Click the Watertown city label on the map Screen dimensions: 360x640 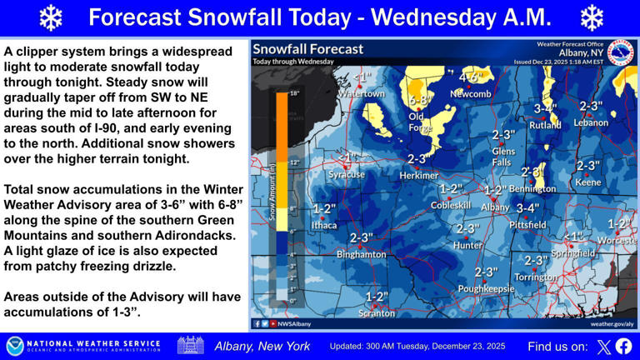(360, 93)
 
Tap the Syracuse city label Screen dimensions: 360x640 (346, 174)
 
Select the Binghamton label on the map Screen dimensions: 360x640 (361, 253)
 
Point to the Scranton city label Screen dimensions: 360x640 (377, 313)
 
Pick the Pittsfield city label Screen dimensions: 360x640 (527, 224)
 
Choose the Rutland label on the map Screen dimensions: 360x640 (545, 124)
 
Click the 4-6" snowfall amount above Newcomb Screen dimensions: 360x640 (471, 78)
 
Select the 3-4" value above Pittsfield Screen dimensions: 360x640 (527, 208)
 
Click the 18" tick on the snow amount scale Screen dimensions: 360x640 (293, 94)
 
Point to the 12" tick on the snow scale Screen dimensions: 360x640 (293, 162)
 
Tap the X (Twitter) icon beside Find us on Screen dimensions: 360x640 (602, 346)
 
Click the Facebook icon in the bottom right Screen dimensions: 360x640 (623, 346)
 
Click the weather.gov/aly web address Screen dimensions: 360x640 (612, 323)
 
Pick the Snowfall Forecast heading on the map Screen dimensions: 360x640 (308, 49)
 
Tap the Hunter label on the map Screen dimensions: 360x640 (467, 245)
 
